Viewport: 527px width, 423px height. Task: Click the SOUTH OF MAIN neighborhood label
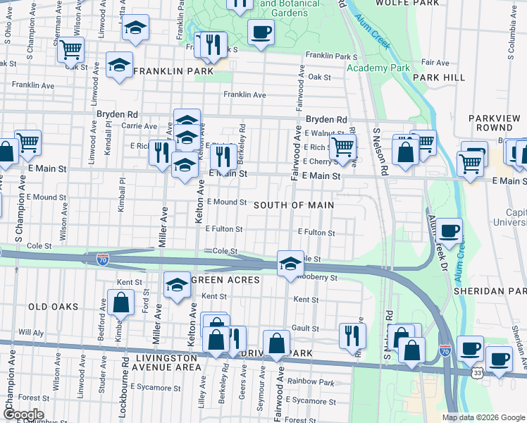293,204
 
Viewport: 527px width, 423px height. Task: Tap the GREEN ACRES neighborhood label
225,280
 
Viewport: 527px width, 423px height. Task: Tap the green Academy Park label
378,68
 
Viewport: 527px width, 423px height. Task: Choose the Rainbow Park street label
316,383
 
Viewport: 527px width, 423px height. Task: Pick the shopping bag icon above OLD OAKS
121,302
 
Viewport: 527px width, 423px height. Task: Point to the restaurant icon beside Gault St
352,335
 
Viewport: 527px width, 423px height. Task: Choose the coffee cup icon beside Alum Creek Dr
449,230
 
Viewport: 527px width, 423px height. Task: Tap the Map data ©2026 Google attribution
483,417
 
